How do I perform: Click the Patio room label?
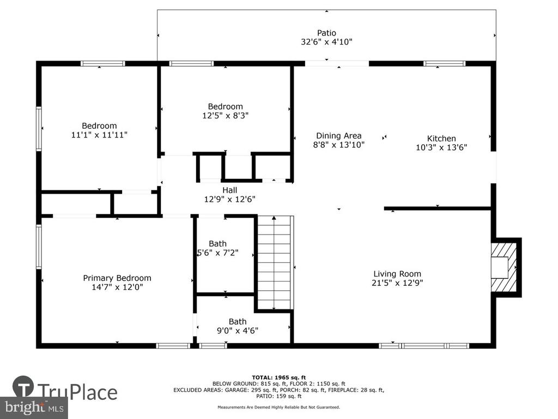[326, 33]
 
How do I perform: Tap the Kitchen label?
[441, 139]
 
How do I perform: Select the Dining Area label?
[339, 136]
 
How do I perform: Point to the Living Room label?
[397, 274]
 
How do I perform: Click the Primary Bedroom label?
[117, 278]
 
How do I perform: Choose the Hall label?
[229, 190]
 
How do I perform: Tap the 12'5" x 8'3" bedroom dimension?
[225, 116]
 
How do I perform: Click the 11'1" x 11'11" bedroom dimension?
[99, 135]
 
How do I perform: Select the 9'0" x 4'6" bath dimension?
[238, 331]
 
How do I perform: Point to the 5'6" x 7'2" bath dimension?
[218, 253]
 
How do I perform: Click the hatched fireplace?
[504, 267]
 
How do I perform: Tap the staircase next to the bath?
[274, 262]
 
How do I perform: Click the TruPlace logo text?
[77, 392]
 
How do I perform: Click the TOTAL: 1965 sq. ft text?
[278, 378]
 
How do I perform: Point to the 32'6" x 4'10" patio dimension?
[326, 42]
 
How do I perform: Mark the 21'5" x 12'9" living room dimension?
[397, 283]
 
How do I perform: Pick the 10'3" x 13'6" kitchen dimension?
[441, 147]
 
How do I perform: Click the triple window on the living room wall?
[424, 345]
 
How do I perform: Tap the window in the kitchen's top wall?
[445, 64]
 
